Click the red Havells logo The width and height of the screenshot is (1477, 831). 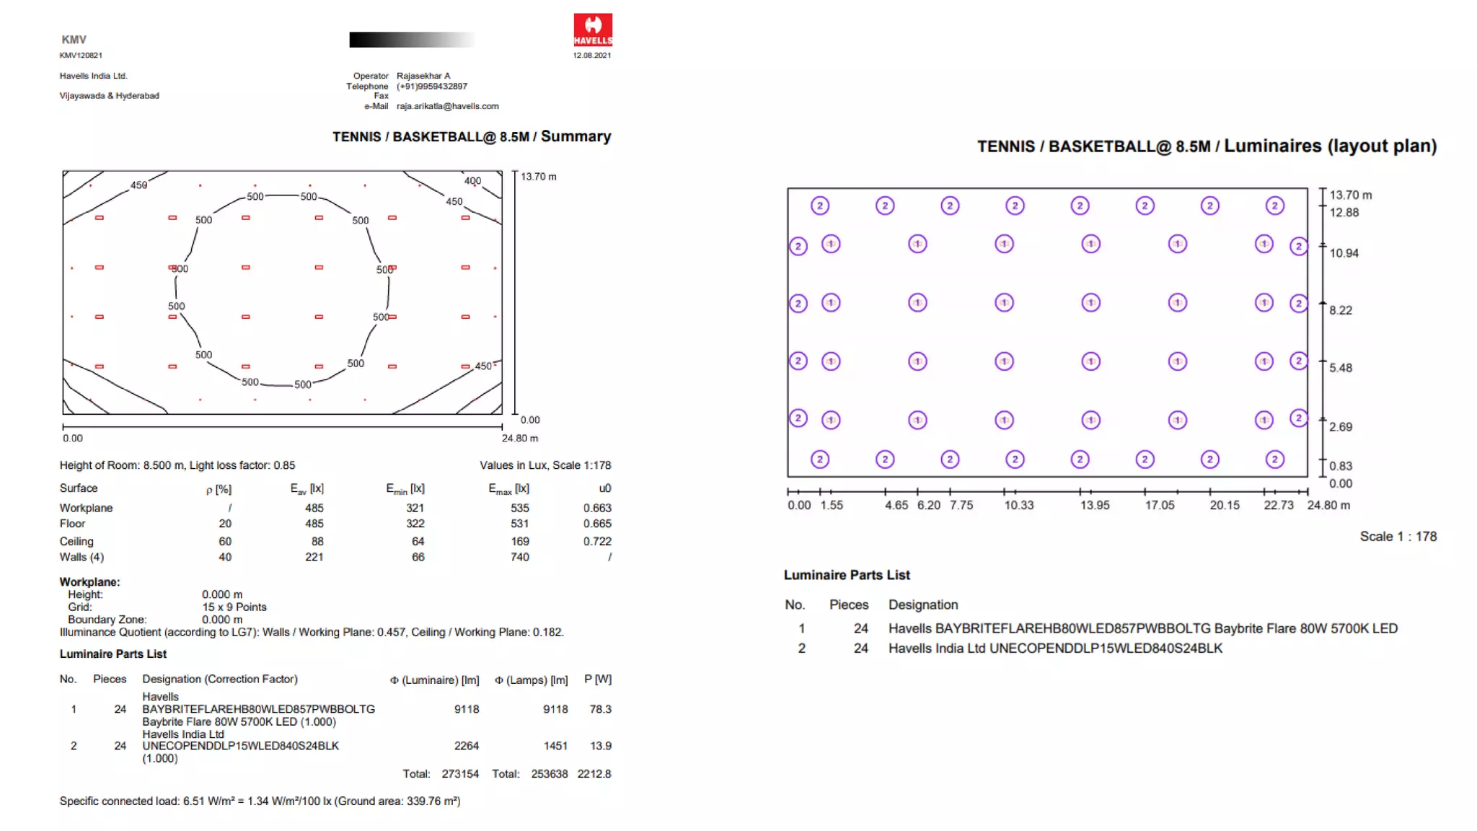[592, 30]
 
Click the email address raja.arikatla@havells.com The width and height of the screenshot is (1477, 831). [447, 106]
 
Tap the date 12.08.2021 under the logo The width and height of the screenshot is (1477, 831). [591, 56]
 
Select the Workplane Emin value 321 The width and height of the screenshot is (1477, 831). [415, 508]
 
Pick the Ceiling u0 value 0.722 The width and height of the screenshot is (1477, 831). [597, 541]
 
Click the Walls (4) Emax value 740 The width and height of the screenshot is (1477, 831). [519, 557]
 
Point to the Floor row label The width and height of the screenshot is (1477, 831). [72, 524]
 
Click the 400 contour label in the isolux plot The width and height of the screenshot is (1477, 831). [472, 181]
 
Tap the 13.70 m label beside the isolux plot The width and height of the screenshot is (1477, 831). [538, 177]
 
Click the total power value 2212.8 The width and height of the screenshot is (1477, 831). [594, 774]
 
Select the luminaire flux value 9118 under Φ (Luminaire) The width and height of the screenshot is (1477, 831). [467, 709]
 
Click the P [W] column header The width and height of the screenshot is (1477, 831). [597, 680]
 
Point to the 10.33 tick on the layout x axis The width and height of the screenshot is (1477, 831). [1018, 505]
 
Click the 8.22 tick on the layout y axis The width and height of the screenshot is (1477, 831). [1340, 310]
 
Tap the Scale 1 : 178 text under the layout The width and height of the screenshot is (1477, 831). [1398, 537]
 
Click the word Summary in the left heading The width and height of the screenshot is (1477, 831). [576, 136]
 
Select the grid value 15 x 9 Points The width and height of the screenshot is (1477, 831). [234, 607]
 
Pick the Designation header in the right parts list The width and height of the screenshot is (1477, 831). [922, 605]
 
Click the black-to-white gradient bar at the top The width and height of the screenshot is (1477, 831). [412, 40]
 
